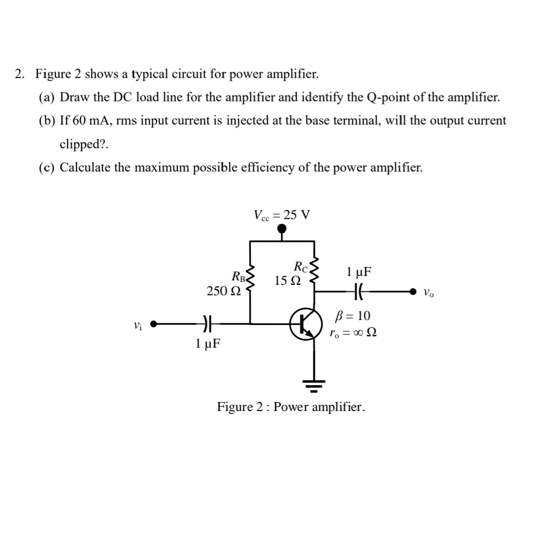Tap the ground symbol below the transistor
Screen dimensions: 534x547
(313, 384)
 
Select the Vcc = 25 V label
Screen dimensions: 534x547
(281, 215)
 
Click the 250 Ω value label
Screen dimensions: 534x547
(223, 291)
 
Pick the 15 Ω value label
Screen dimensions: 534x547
(287, 281)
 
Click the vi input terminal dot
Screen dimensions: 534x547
(154, 324)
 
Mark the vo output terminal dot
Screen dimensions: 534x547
(413, 292)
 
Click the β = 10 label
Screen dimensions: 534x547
(353, 316)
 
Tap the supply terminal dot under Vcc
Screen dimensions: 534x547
(281, 228)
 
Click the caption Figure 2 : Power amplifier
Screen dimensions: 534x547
(291, 407)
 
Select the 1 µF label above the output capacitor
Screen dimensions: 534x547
(359, 272)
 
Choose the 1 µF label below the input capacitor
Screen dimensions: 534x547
(208, 342)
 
